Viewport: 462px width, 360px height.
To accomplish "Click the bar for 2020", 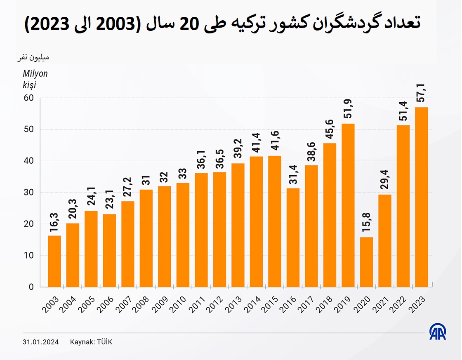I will click(366, 262).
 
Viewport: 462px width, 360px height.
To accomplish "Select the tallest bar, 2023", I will click(422, 197).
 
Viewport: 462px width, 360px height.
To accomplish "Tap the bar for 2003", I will click(54, 261).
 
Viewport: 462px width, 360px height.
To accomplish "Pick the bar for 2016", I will click(293, 238).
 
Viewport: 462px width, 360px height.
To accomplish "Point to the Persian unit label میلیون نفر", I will click(33, 57).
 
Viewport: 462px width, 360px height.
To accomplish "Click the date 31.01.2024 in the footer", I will click(40, 342).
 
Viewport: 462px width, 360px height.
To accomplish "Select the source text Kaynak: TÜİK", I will click(91, 342).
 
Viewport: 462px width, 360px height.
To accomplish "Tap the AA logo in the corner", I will click(438, 332).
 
